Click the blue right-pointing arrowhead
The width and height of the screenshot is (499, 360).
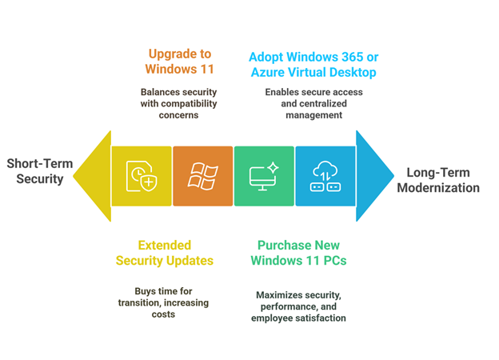point(373,176)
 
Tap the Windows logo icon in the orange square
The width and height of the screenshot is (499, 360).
point(203,176)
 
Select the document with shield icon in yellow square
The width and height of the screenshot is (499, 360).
point(142,176)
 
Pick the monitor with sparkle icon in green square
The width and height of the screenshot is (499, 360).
point(264,176)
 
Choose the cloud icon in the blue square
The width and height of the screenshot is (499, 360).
point(325,176)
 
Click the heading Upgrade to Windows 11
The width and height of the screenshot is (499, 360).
point(180,62)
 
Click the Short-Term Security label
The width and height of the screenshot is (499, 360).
point(40,171)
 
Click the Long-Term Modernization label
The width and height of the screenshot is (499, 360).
point(443,180)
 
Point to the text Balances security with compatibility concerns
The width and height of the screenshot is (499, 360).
point(178,103)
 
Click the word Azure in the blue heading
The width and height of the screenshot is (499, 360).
point(268,73)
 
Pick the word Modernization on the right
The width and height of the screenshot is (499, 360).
point(443,188)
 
